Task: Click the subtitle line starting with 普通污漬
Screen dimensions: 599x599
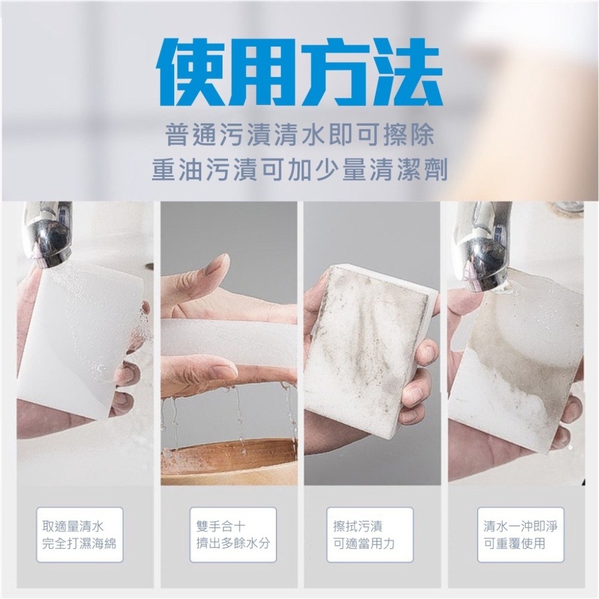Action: [x=299, y=135]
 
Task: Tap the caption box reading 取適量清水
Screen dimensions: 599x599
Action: [x=80, y=534]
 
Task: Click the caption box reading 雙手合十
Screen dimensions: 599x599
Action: [x=233, y=534]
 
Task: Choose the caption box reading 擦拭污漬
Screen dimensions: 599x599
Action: [x=370, y=534]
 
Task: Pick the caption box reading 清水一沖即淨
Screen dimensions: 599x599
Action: [x=521, y=534]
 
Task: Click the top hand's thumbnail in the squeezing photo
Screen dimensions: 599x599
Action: [x=211, y=268]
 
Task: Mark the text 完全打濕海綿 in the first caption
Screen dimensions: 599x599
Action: [x=80, y=544]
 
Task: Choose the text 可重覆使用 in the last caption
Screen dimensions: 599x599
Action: [x=515, y=544]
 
